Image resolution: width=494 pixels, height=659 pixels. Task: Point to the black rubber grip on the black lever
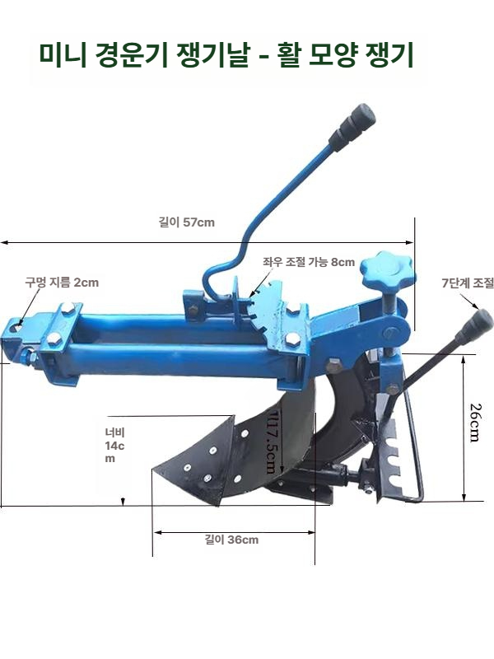point(475,325)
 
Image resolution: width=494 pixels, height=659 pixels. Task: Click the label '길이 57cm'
point(187,222)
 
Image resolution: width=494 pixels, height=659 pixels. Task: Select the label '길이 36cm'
point(231,540)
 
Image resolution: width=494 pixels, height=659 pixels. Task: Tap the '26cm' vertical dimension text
point(475,423)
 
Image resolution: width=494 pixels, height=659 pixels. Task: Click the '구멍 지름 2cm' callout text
point(62,282)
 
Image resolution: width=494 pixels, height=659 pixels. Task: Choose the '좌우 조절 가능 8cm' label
point(309,262)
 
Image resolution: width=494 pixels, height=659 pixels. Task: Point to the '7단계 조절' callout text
point(468,283)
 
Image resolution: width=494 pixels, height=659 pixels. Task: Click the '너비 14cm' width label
point(114,445)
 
